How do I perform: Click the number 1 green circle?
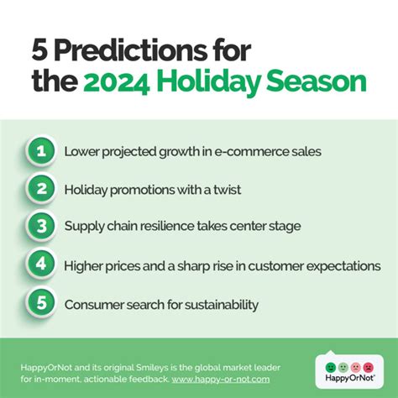pyautogui.click(x=41, y=151)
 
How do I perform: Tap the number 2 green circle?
pyautogui.click(x=41, y=189)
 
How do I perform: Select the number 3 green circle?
pyautogui.click(x=41, y=226)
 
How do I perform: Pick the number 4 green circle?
pyautogui.click(x=41, y=264)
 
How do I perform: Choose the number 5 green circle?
pyautogui.click(x=41, y=302)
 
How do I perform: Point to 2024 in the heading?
pyautogui.click(x=116, y=82)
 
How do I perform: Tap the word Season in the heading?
pyautogui.click(x=317, y=81)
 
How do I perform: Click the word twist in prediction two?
pyautogui.click(x=228, y=190)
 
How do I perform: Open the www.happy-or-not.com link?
pyautogui.click(x=221, y=380)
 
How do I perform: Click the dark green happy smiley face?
pyautogui.click(x=331, y=367)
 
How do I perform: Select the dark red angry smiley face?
pyautogui.click(x=369, y=367)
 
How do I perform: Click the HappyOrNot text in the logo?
pyautogui.click(x=350, y=378)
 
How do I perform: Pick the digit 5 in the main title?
pyautogui.click(x=39, y=50)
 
